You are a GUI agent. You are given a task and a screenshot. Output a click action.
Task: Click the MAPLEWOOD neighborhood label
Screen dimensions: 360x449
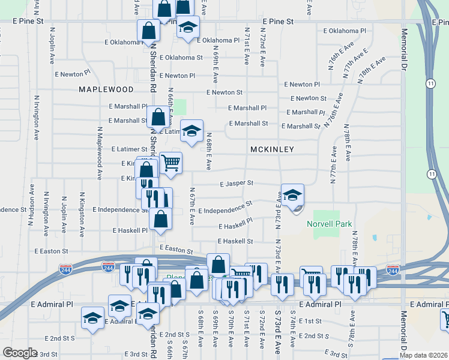pyautogui.click(x=106, y=89)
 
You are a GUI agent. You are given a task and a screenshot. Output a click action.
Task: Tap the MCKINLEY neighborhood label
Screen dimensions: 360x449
pyautogui.click(x=271, y=149)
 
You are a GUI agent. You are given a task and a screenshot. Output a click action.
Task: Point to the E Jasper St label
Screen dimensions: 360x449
pyautogui.click(x=237, y=183)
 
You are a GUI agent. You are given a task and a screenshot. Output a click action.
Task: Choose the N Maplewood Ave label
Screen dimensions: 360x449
pyautogui.click(x=99, y=154)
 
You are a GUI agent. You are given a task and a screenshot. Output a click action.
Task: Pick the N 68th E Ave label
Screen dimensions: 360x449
pyautogui.click(x=209, y=151)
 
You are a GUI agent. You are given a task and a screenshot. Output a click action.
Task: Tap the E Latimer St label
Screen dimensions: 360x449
pyautogui.click(x=130, y=149)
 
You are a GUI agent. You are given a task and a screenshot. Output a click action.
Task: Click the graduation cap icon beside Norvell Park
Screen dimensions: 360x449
pyautogui.click(x=292, y=195)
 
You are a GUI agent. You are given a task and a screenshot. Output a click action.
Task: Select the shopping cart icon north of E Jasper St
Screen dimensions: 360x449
pyautogui.click(x=171, y=161)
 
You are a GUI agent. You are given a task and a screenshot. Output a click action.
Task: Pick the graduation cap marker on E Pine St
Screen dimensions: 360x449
pyautogui.click(x=188, y=28)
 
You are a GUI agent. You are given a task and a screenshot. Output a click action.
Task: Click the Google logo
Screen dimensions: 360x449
pyautogui.click(x=20, y=353)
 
